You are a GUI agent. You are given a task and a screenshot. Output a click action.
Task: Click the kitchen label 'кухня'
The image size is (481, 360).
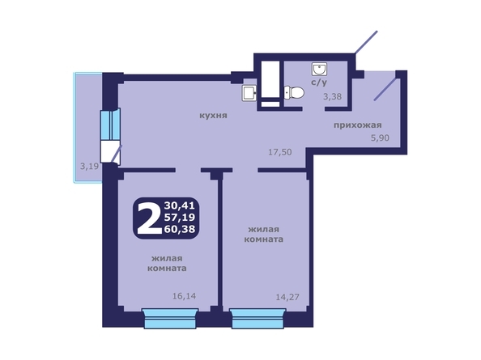214,115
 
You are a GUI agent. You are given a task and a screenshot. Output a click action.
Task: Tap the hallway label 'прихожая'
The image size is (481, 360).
357,125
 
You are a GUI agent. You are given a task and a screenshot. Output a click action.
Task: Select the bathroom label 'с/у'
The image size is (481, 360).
318,82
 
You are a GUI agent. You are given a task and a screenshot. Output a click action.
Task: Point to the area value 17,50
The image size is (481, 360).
279,151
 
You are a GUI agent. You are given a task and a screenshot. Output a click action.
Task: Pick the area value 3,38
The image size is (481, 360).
333,97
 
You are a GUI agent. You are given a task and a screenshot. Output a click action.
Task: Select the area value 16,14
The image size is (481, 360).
184,295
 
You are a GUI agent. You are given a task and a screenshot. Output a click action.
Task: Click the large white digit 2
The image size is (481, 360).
148,218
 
